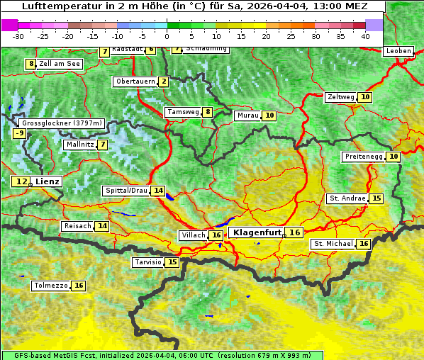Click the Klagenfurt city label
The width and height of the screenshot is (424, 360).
point(257,232)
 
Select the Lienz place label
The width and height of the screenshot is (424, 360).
point(48,181)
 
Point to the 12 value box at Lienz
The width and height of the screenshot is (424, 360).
point(21,181)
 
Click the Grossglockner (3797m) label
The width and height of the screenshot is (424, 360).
point(62,123)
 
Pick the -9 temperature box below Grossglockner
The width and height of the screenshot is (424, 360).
point(20,133)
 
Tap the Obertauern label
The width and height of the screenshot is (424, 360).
point(135,81)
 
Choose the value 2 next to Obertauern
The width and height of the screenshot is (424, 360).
point(164,81)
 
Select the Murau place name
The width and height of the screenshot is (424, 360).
point(247,115)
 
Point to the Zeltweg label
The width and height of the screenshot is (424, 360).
point(340,97)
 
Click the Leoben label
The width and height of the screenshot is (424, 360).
point(398,51)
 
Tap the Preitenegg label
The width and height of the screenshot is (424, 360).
point(364,157)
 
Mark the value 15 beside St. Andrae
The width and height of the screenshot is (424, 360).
point(376,198)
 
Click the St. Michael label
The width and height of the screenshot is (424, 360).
point(333,244)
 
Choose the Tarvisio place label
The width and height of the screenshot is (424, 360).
point(148,262)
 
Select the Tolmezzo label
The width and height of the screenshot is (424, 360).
point(50,286)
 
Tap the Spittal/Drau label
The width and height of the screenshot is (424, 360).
point(126,191)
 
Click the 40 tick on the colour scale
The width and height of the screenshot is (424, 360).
point(365,35)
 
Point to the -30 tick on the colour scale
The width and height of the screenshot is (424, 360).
point(18,35)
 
